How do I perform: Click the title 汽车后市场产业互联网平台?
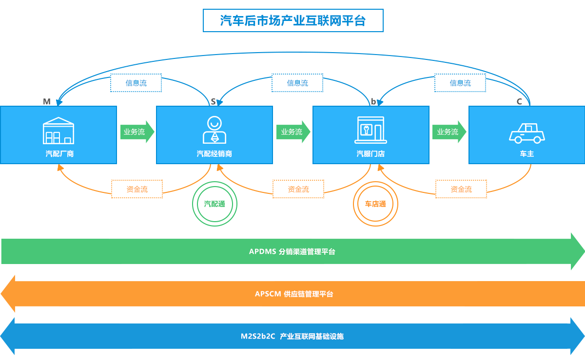(x=292, y=21)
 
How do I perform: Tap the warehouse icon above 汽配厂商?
(x=58, y=131)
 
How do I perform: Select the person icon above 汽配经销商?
(x=214, y=130)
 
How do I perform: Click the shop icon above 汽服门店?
(x=370, y=130)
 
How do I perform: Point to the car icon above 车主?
(x=526, y=133)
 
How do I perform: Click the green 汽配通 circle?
(x=214, y=204)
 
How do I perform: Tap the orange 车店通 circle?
(x=375, y=204)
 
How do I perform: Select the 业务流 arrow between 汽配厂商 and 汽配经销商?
(x=137, y=132)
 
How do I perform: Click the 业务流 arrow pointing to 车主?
(x=449, y=132)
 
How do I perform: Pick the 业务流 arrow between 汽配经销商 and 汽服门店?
(x=293, y=132)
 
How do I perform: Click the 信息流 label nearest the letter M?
(x=136, y=83)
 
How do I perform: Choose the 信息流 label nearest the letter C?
(x=460, y=83)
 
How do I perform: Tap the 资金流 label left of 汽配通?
(x=137, y=189)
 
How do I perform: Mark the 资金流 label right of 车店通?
(x=461, y=189)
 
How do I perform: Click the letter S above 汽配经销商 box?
(x=213, y=101)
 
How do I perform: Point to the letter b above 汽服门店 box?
(x=373, y=101)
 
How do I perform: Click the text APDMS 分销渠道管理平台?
(x=292, y=252)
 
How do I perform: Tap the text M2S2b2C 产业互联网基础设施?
(x=292, y=336)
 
